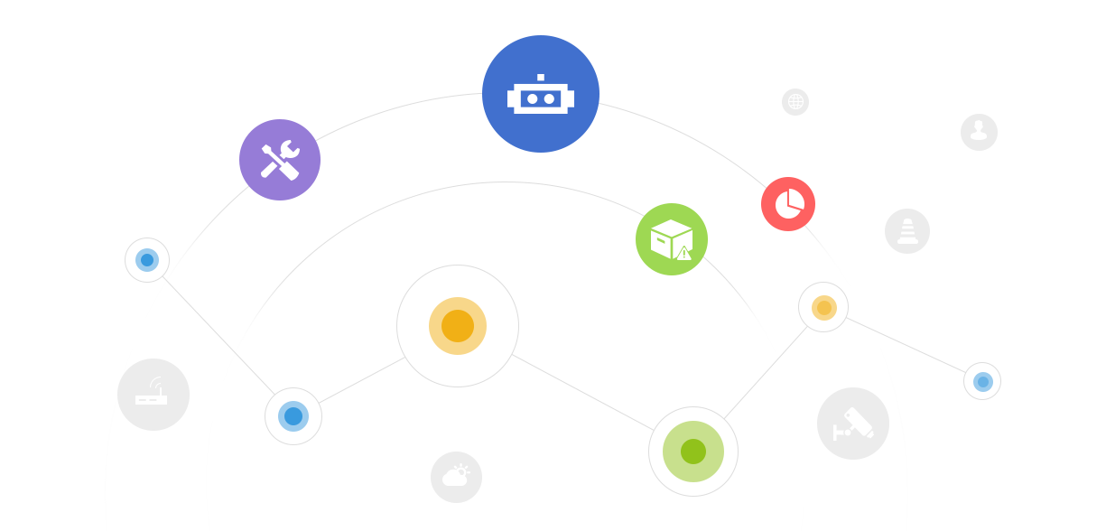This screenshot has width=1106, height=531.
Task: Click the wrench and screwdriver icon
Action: point(280,160)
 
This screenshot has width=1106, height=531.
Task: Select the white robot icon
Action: point(541,98)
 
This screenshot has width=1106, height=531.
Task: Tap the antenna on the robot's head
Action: point(541,78)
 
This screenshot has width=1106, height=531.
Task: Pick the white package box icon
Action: point(670,238)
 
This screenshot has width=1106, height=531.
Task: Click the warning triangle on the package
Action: point(683,253)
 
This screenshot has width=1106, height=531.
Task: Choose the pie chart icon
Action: point(789,203)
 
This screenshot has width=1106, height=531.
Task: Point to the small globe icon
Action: point(795,101)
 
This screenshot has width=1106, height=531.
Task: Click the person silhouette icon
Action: point(979,130)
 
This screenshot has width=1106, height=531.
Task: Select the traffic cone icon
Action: point(907,231)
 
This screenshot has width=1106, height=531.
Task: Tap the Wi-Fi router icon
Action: point(151,396)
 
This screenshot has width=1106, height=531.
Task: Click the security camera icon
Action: point(855,424)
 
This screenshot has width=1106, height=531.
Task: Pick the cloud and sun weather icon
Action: point(456,475)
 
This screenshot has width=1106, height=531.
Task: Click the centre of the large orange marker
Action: point(458,326)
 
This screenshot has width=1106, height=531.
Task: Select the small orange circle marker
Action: point(823,307)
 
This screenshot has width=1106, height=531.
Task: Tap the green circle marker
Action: point(693,452)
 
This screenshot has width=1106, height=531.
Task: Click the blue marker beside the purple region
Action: point(147,260)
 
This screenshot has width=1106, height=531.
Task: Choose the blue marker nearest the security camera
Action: point(982,381)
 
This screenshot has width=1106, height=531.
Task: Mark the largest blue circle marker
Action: point(293,416)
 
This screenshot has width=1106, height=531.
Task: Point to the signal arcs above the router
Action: point(156,383)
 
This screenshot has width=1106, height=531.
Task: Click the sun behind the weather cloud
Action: point(462,470)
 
